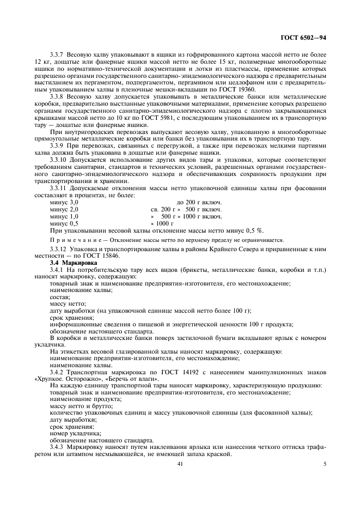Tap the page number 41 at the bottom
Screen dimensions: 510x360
click(x=179, y=464)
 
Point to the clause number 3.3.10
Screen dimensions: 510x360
click(x=60, y=160)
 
